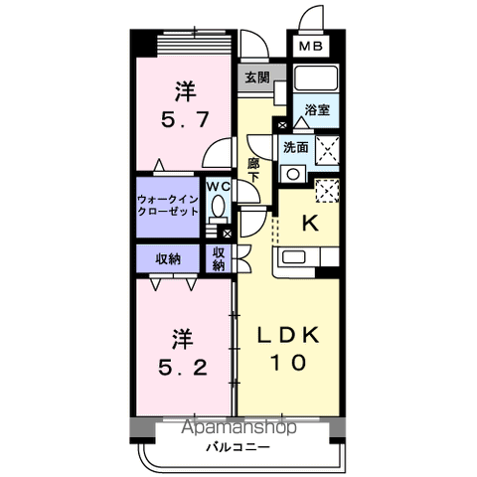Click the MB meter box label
coord(310,46)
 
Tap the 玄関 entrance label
coord(257,78)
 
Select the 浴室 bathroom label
coord(317,109)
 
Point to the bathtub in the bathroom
coord(316,79)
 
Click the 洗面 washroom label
coord(295,148)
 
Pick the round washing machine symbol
coord(293,174)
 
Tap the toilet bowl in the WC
coord(218,206)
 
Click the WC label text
coord(219,187)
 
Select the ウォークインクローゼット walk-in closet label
coord(168,206)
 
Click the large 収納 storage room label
coord(168,259)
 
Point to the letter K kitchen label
coord(310,223)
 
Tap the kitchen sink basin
coord(293,257)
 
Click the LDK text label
coord(288,335)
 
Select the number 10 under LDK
coord(288,362)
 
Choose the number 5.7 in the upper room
coord(185,119)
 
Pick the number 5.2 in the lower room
coord(183,368)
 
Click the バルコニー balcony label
coord(238,448)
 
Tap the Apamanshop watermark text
coord(238,427)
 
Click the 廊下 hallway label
coord(253,170)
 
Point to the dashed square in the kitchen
coord(327,191)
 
